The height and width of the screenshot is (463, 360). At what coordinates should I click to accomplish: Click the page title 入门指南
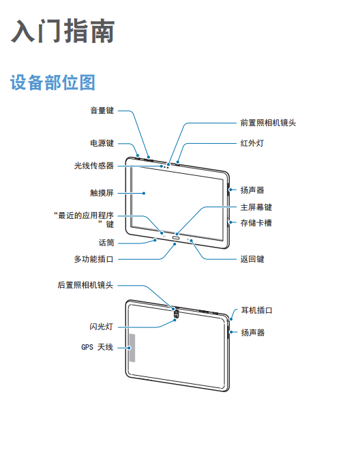[63, 31]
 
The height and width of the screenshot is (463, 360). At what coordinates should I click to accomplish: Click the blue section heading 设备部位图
[53, 82]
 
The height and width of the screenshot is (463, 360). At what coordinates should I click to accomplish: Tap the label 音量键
[102, 110]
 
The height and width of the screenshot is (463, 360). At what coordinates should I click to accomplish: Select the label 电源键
[102, 143]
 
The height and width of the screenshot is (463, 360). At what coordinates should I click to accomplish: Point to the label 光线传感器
[94, 165]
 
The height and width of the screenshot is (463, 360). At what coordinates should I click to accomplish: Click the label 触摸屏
[102, 193]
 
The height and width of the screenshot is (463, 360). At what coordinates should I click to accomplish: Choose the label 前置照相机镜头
[268, 123]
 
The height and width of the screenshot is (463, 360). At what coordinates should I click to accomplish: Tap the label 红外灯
[252, 143]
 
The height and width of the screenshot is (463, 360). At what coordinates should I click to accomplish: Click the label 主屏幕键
[256, 207]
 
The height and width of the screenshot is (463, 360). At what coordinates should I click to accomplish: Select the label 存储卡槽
[256, 223]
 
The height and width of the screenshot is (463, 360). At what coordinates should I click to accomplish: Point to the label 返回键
[252, 259]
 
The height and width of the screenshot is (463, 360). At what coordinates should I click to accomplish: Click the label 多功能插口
[94, 259]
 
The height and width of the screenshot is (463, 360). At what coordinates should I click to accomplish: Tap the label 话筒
[106, 243]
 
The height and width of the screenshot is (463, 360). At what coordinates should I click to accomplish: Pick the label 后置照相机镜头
[86, 285]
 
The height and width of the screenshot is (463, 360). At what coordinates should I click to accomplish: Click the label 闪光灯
[102, 327]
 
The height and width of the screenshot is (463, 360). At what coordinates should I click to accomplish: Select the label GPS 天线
[97, 347]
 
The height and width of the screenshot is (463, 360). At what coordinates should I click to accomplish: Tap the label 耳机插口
[256, 310]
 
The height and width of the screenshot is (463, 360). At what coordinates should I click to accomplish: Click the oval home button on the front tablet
[177, 237]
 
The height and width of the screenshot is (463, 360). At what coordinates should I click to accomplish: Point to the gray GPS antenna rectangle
[132, 348]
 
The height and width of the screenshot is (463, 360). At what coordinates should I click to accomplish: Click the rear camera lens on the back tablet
[176, 312]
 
